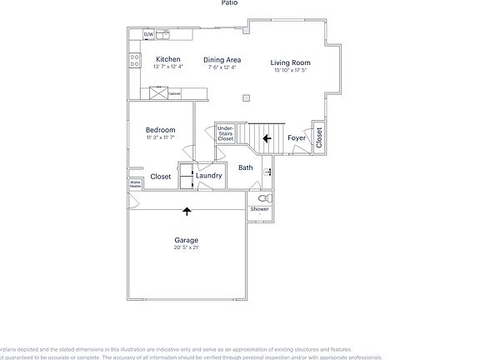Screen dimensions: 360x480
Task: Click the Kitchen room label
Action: (168, 60)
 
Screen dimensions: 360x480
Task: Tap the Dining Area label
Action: (222, 60)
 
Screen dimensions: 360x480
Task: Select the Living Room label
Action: (291, 62)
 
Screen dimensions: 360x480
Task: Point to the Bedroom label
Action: (160, 130)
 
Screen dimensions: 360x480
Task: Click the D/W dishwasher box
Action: (148, 34)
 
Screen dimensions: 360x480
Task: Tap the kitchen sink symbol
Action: (162, 34)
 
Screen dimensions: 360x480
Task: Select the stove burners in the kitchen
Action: (133, 60)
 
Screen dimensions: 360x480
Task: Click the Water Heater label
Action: (134, 183)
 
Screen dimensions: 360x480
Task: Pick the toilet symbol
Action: (263, 199)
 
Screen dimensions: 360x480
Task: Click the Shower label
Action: (260, 209)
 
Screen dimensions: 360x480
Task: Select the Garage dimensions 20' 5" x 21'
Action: (186, 247)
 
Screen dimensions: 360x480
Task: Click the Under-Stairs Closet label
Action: (225, 134)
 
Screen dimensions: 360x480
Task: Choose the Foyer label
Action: (296, 137)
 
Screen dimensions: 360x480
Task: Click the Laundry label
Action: (208, 176)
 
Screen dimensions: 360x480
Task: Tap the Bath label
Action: (246, 167)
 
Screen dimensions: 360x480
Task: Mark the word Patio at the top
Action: (229, 3)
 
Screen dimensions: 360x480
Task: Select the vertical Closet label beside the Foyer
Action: (318, 137)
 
